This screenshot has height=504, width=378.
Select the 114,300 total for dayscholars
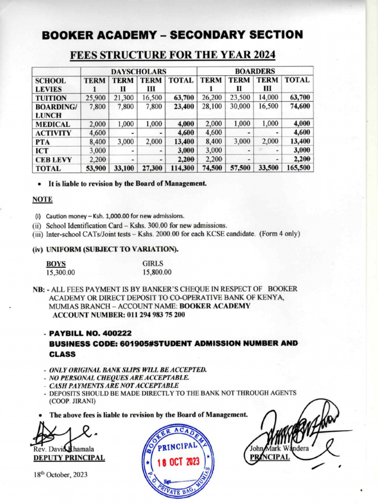pyautogui.click(x=182, y=168)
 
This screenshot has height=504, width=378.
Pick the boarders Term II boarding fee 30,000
pyautogui.click(x=240, y=106)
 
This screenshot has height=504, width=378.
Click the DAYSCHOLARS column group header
pyautogui.click(x=139, y=71)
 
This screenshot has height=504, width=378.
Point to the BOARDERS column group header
pyautogui.click(x=255, y=71)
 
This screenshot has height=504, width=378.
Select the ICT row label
pyautogui.click(x=41, y=151)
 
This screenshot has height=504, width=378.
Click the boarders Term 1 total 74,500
pyautogui.click(x=211, y=168)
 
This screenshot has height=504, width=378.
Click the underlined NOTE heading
pyautogui.click(x=42, y=200)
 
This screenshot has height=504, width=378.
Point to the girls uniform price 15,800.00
pyautogui.click(x=157, y=272)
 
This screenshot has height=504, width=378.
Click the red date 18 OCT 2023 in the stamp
pyautogui.click(x=177, y=463)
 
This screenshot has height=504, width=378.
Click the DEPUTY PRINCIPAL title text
pyautogui.click(x=69, y=458)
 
